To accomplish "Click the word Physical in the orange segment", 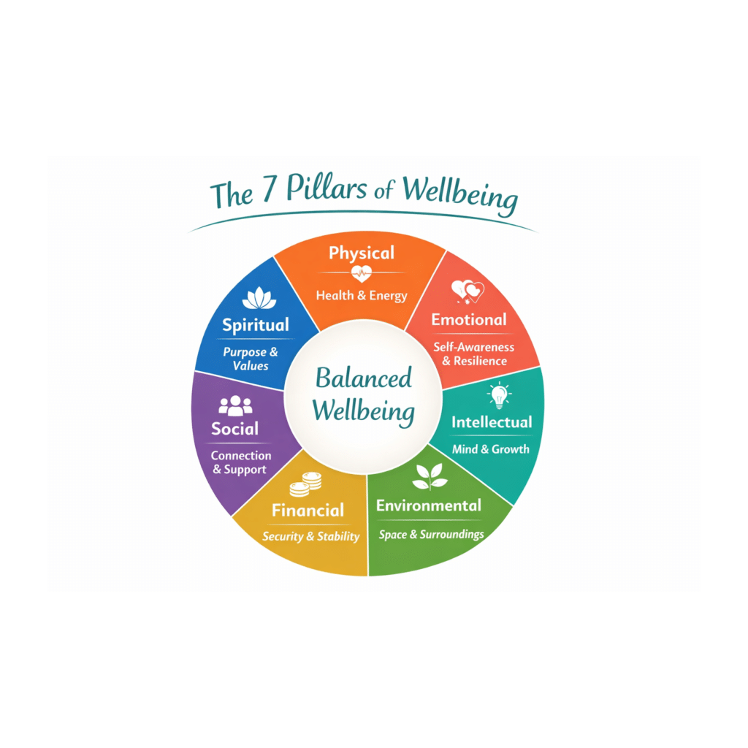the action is coord(362,253).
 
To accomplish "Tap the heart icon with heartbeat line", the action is coord(362,274).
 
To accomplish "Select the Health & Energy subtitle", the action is coord(362,296).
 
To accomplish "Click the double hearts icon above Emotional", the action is coord(467,291).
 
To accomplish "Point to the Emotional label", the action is coord(469,320).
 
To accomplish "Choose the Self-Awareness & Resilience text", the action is coord(473,354).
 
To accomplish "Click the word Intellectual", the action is coord(492,422).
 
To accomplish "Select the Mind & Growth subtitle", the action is coord(490,449).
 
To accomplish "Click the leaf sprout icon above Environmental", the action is coord(430,476).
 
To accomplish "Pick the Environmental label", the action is coord(428,505).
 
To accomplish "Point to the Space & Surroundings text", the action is coord(431,535).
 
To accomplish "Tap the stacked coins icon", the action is coord(306,484).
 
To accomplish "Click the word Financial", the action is coord(308,511).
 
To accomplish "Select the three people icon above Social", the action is coord(235,406).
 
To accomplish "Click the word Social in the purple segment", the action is coord(234,429).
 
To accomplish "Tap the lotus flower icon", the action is coord(259,298).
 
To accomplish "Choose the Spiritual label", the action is coord(256,325).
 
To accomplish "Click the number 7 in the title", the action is coord(269,188).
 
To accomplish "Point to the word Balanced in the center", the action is coord(364,378).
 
